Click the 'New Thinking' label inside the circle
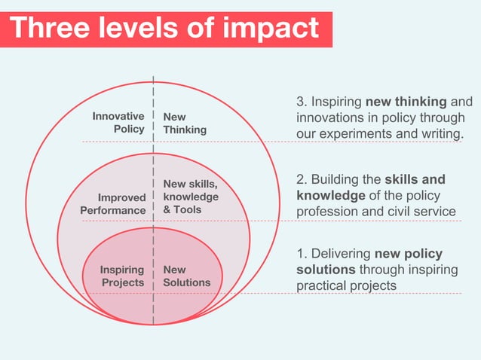pyautogui.click(x=185, y=123)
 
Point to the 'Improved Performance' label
pyautogui.click(x=113, y=204)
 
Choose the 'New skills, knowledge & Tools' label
pyautogui.click(x=191, y=197)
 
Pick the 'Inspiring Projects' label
pyautogui.click(x=121, y=276)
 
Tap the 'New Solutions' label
pyautogui.click(x=186, y=276)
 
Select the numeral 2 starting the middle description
pyautogui.click(x=300, y=179)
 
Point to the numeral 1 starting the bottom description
pyautogui.click(x=299, y=254)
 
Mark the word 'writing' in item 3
pyautogui.click(x=440, y=134)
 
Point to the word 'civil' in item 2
pyautogui.click(x=401, y=212)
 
